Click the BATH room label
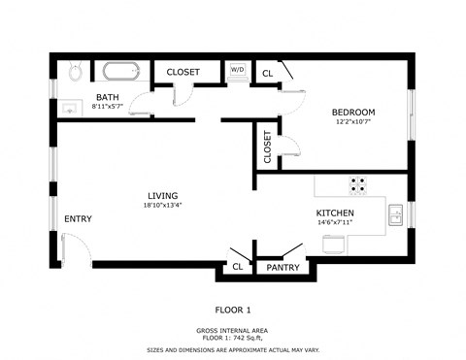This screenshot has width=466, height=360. (x=107, y=97)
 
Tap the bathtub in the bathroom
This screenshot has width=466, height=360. (x=122, y=71)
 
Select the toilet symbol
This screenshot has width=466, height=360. (x=75, y=72)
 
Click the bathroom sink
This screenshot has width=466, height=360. (x=67, y=107)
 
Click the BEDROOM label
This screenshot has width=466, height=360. (x=352, y=113)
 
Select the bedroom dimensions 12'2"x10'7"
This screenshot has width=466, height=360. (x=352, y=123)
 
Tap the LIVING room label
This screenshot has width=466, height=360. (x=162, y=195)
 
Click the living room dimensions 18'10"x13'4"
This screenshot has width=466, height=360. (x=162, y=206)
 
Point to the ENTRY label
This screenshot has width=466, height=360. (x=78, y=219)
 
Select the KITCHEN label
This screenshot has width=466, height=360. (x=334, y=213)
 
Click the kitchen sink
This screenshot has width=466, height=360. (x=396, y=215)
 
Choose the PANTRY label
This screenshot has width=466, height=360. (x=283, y=267)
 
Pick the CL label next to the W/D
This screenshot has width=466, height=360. (x=268, y=72)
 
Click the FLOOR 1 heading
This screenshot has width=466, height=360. (x=233, y=311)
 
